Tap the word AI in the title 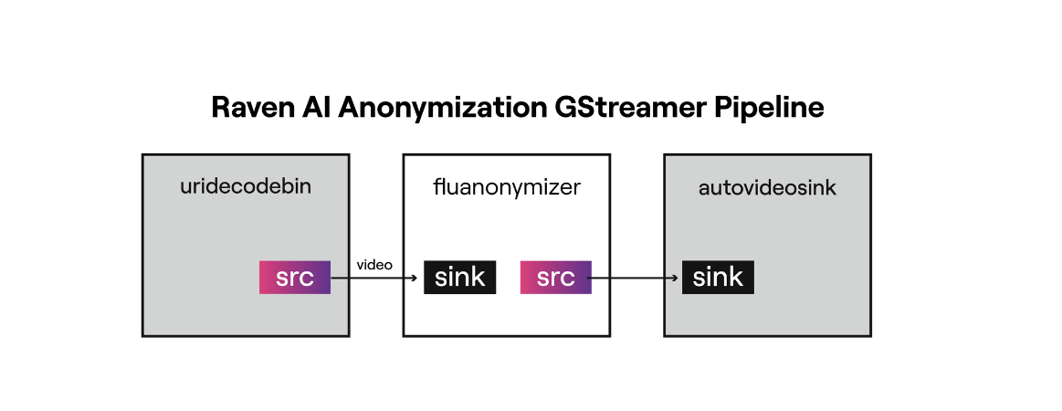click(x=318, y=108)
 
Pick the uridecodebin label click(x=246, y=187)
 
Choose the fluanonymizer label click(x=507, y=188)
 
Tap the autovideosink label click(x=767, y=188)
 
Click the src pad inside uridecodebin click(x=295, y=278)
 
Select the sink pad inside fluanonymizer click(x=459, y=278)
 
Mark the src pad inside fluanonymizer click(x=555, y=278)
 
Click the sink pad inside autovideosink click(x=718, y=278)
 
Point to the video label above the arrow click(x=374, y=265)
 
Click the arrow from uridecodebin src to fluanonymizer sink click(x=374, y=278)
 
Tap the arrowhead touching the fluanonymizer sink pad click(x=418, y=278)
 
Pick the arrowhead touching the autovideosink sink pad click(x=677, y=278)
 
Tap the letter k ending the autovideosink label click(x=830, y=188)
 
